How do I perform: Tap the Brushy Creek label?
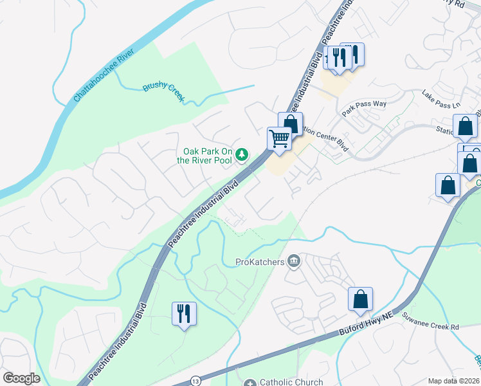pos(163,92)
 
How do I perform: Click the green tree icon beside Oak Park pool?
pos(242,154)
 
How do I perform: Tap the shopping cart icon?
pos(279,138)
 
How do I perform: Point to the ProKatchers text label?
pos(260,261)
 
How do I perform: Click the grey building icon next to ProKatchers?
pos(294,261)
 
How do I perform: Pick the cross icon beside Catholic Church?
pos(250,383)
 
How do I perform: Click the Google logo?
pos(22,378)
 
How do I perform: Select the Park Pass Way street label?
pos(364,107)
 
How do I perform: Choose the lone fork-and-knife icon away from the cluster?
pos(185,314)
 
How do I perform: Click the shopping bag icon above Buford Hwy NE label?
pos(360,299)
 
